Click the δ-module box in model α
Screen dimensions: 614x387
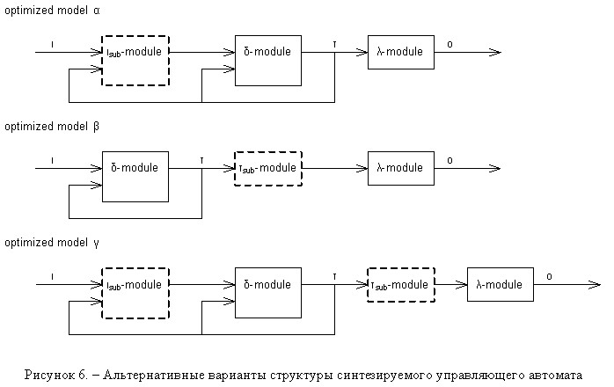(268, 61)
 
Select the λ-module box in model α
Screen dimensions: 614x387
(401, 52)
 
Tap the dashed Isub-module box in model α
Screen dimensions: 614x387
(135, 61)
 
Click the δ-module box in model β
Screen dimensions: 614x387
(135, 177)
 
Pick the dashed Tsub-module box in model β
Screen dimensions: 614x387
(268, 168)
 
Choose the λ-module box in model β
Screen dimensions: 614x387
(401, 168)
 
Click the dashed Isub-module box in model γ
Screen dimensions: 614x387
(135, 293)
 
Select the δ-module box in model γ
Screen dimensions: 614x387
(268, 293)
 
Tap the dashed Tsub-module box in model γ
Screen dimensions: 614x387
(401, 285)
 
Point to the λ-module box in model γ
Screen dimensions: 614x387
(501, 284)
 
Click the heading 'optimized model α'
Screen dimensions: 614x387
(52, 11)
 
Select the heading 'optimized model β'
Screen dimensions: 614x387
(52, 127)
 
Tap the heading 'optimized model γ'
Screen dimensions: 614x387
(52, 243)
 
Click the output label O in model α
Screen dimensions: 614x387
(450, 45)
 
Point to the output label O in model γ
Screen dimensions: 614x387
(549, 277)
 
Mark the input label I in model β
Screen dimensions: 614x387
(52, 161)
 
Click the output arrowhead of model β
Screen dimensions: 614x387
(496, 168)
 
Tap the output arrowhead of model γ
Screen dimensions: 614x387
(596, 285)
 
